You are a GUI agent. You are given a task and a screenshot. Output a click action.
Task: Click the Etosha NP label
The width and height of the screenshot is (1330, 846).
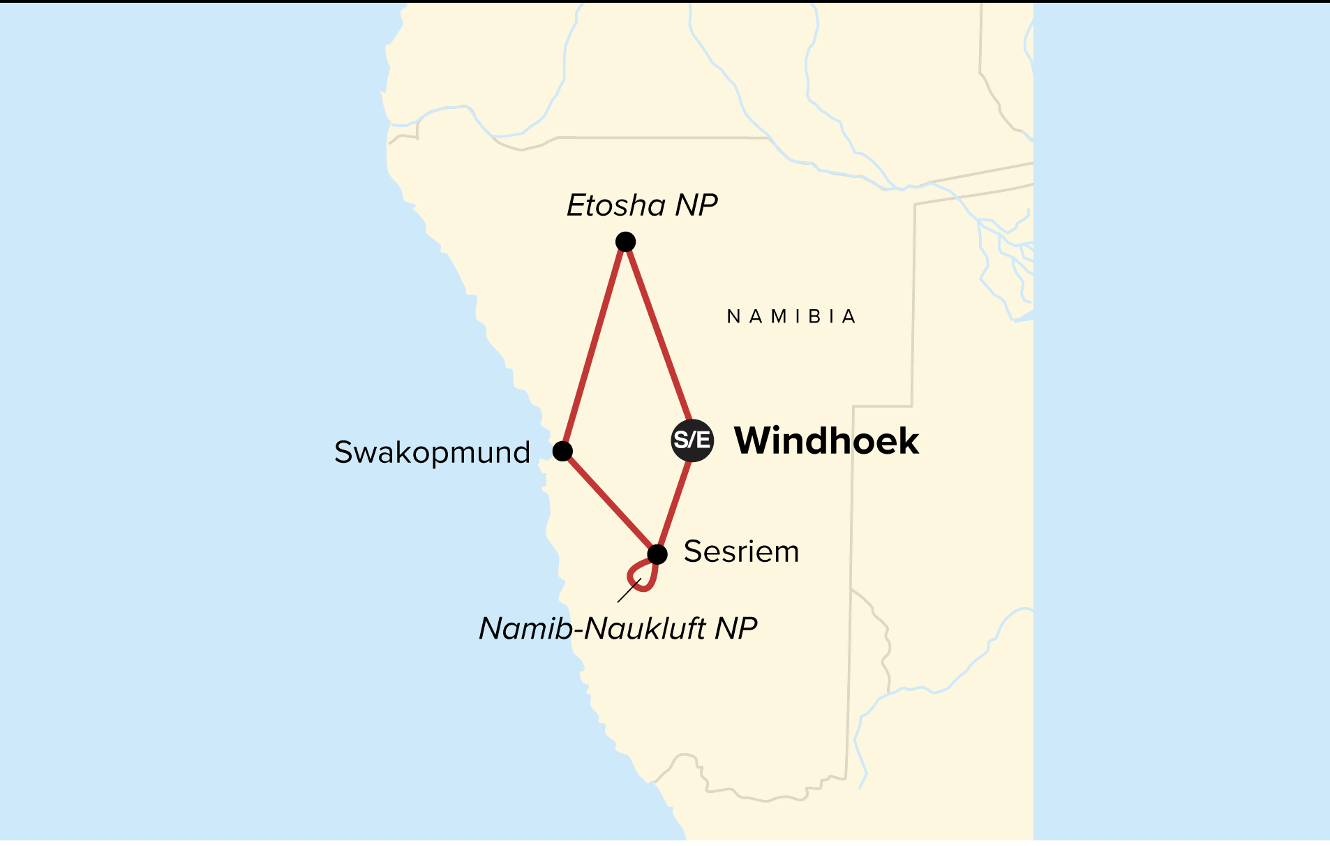(642, 205)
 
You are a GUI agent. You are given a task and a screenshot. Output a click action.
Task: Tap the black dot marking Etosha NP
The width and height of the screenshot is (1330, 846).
(625, 242)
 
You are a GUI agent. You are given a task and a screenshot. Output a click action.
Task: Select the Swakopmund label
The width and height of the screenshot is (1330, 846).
(432, 452)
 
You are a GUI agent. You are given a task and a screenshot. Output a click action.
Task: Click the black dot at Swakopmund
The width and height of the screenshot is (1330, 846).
(562, 451)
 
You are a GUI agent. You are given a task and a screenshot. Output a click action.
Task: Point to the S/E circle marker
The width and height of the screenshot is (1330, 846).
(692, 440)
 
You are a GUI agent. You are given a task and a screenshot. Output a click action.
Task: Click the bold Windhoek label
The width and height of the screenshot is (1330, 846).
(826, 440)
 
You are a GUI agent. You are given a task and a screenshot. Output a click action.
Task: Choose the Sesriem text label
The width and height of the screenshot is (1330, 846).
(741, 551)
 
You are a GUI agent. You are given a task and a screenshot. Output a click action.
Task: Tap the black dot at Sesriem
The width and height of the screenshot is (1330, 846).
(657, 554)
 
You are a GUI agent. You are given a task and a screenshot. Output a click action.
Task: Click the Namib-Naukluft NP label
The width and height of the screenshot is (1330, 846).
(618, 628)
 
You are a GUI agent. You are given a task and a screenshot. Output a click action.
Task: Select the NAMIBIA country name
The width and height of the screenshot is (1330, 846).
(791, 317)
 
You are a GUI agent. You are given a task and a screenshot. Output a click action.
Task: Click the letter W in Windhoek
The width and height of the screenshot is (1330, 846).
(754, 440)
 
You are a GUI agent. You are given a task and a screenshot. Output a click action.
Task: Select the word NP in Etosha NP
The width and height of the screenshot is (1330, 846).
(696, 205)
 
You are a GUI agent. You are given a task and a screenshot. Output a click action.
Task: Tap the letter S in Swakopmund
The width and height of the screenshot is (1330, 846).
(343, 452)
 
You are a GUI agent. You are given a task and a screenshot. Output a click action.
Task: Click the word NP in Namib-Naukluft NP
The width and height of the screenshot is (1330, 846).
(735, 628)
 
